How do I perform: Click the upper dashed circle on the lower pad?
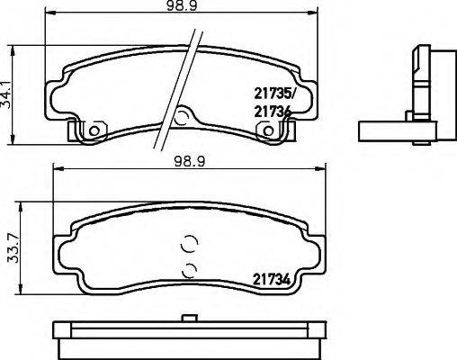(x=188, y=242)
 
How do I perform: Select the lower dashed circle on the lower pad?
(x=188, y=269)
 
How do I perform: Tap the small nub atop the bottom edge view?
(x=189, y=316)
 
